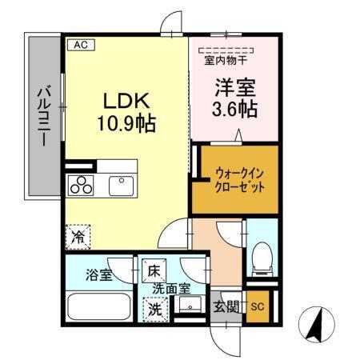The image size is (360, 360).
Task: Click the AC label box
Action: coord(80,46)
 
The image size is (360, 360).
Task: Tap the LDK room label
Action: coord(122,102)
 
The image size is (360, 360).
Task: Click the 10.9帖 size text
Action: coord(123,125)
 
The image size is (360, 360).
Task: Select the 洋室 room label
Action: coord(234,85)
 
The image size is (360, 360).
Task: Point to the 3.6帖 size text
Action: coord(234,109)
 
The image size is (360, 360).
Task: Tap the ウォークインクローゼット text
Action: coord(238,178)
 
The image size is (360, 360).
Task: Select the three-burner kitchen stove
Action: coord(81,185)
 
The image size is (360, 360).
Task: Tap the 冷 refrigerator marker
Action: coord(78,237)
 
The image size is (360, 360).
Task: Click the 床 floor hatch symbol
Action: coord(150,270)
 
